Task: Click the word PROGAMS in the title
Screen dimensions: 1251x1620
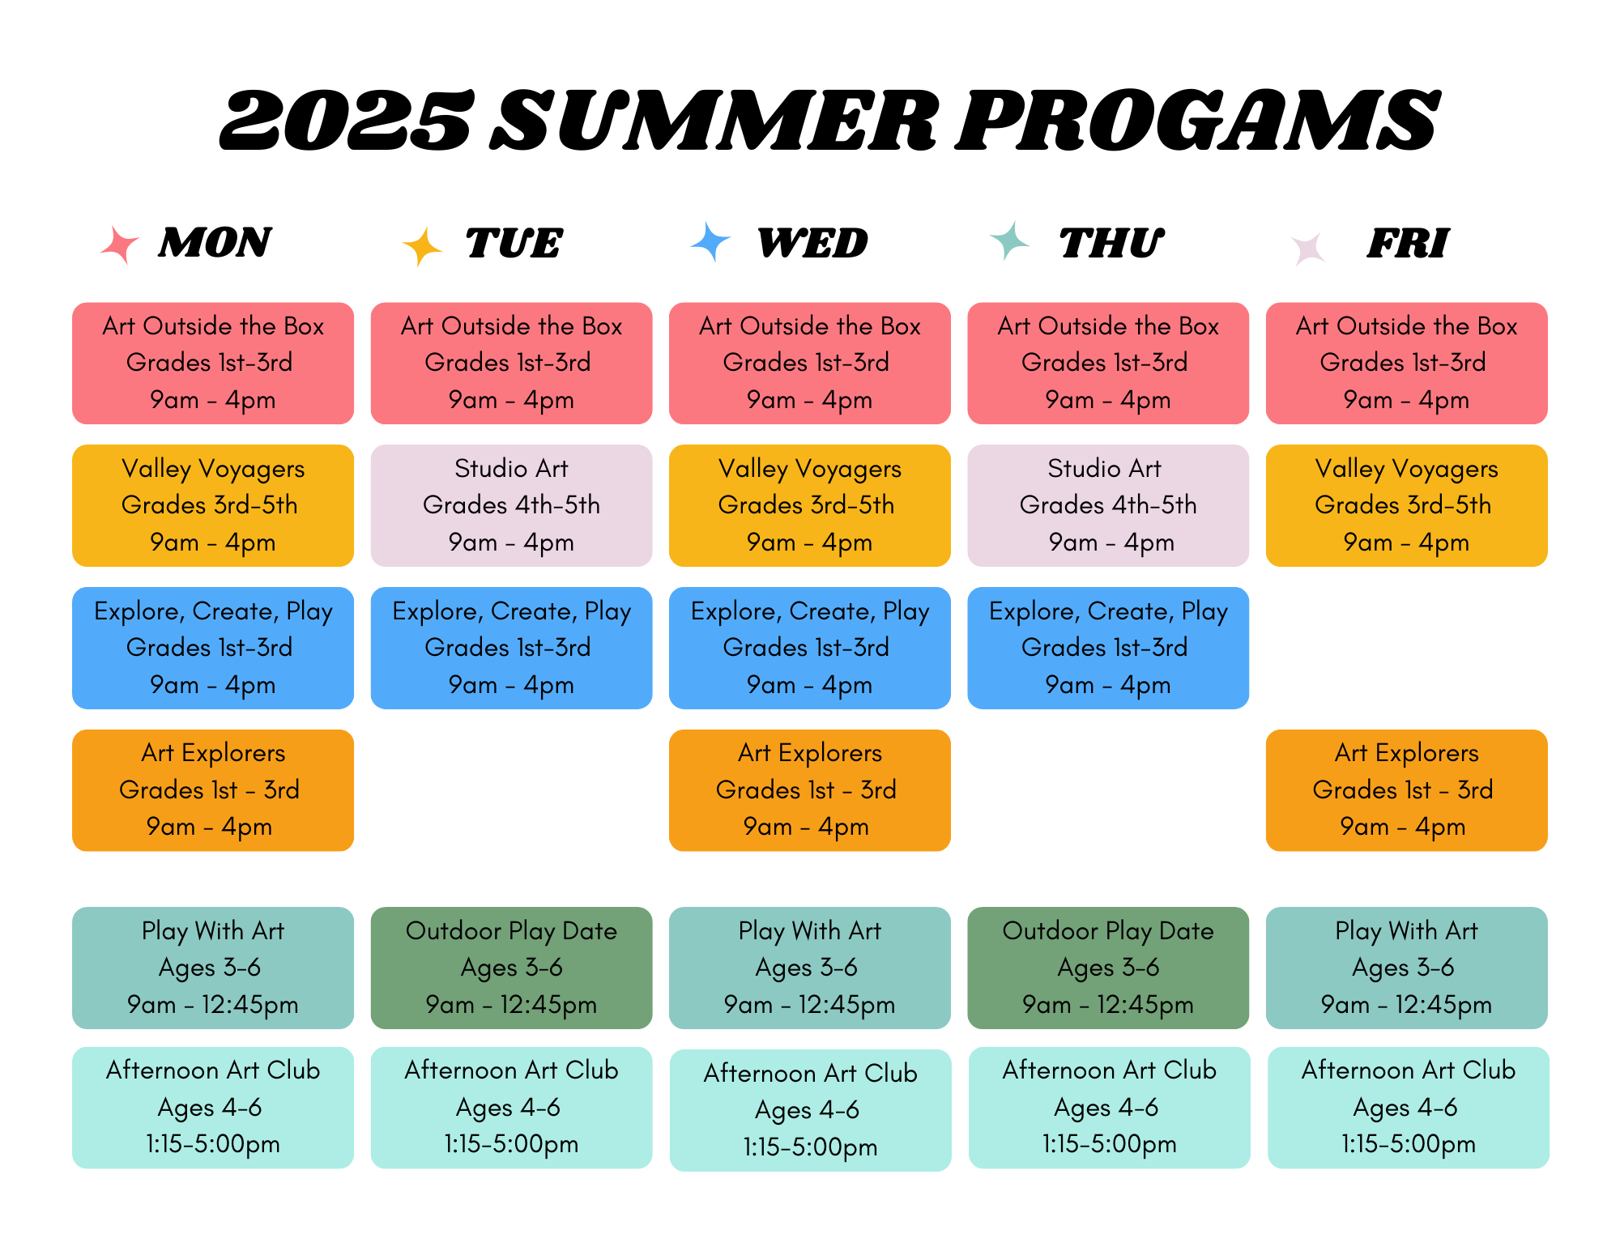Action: coord(1197,121)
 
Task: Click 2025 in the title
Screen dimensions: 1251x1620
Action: coord(347,121)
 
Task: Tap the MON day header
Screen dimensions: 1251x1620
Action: coord(215,243)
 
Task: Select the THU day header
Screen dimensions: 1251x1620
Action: coord(1111,243)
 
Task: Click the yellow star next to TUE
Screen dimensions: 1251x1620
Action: coord(421,246)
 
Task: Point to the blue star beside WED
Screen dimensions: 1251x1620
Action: coord(710,242)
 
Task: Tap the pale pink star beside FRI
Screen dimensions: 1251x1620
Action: coord(1308,249)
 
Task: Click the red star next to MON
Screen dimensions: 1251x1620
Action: coord(119,245)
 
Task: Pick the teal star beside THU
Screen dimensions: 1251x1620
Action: coord(1008,240)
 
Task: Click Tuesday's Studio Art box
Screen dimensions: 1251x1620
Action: coord(511,505)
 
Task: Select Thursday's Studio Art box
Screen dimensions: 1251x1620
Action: coord(1108,505)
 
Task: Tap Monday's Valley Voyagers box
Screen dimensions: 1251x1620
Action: coord(213,505)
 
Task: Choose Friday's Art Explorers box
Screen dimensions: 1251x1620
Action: coord(1406,790)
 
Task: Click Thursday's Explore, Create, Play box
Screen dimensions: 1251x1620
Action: coord(1108,648)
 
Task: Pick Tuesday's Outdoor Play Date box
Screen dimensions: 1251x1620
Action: coord(511,968)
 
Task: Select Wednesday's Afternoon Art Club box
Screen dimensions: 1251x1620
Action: coord(810,1110)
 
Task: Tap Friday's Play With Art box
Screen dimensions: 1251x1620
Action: coord(1406,968)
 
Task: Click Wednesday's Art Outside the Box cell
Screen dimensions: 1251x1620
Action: coord(810,363)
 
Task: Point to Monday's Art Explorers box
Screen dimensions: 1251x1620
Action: coord(213,790)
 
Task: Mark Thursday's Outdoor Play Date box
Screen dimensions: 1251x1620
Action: coord(1108,968)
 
